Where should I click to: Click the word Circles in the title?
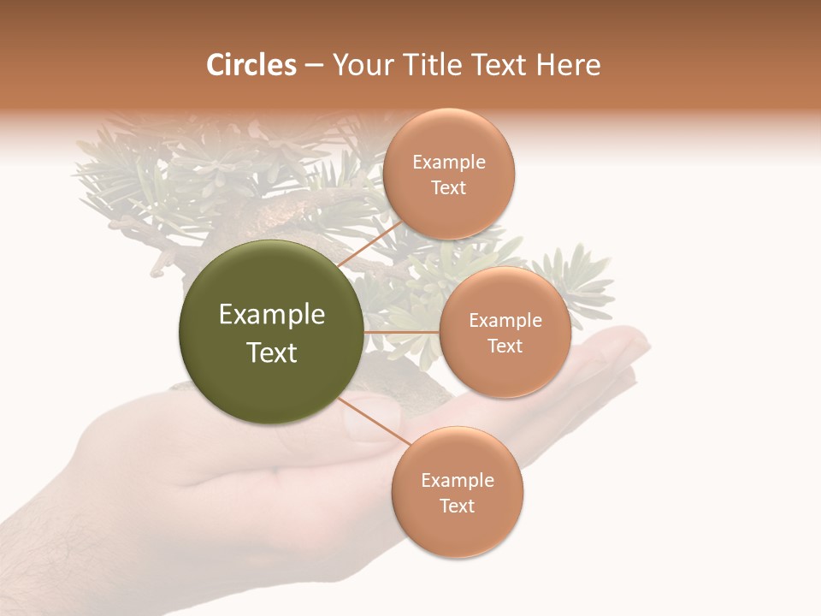tap(251, 65)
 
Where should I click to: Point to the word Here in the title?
tap(567, 65)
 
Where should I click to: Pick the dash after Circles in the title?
tap(314, 66)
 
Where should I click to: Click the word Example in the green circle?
tap(272, 315)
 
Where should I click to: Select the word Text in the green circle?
tap(272, 352)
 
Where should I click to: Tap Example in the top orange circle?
tap(449, 163)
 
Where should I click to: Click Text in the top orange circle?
tap(449, 188)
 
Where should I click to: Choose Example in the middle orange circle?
tap(505, 321)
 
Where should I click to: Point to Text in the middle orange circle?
tap(505, 346)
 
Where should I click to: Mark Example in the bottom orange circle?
tap(458, 481)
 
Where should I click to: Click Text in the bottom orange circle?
tap(458, 506)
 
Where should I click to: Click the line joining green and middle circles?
tap(402, 332)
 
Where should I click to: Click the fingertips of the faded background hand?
tap(629, 342)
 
